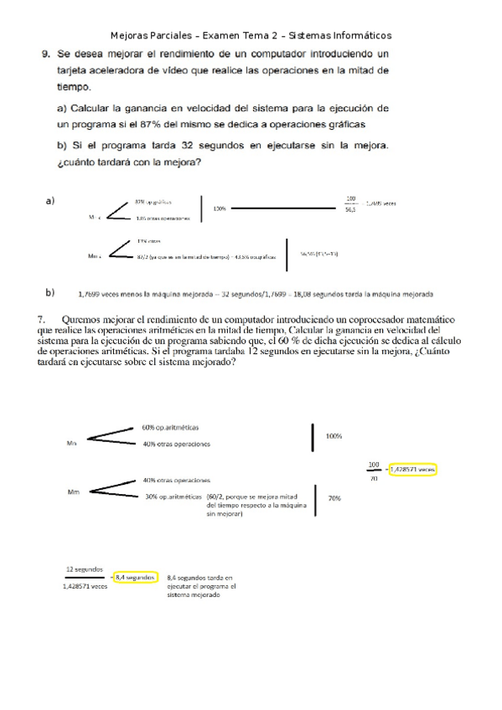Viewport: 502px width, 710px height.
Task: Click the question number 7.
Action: point(42,320)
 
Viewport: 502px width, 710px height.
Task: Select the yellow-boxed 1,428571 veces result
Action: point(412,470)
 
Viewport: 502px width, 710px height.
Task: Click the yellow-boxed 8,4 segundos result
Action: point(134,578)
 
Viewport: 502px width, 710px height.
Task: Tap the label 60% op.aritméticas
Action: point(175,428)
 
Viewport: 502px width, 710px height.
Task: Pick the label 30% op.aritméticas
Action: point(173,497)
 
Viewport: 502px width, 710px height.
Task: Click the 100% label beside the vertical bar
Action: point(334,436)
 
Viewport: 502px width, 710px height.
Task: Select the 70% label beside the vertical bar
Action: point(334,498)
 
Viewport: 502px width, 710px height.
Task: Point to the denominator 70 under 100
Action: point(373,477)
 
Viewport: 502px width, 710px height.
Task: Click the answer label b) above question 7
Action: point(50,293)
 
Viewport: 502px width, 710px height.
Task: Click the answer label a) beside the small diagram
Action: point(49,201)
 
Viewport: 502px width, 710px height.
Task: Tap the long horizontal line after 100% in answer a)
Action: point(281,208)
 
